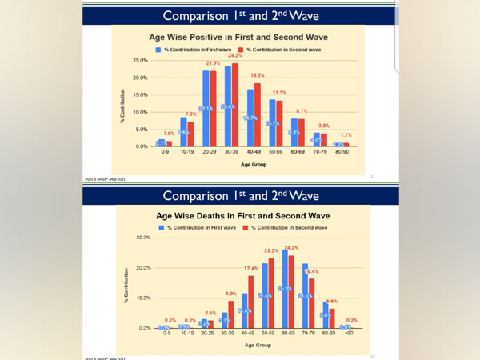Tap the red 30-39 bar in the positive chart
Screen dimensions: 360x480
pyautogui.click(x=234, y=105)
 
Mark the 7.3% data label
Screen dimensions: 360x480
pyautogui.click(x=191, y=114)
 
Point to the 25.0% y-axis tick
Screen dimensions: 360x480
pyautogui.click(x=138, y=61)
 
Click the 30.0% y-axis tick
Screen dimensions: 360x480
pyautogui.click(x=142, y=238)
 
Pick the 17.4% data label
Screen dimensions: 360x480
pyautogui.click(x=251, y=268)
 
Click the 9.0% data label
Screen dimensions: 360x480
pyautogui.click(x=231, y=294)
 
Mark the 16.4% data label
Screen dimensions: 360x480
pyautogui.click(x=310, y=271)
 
